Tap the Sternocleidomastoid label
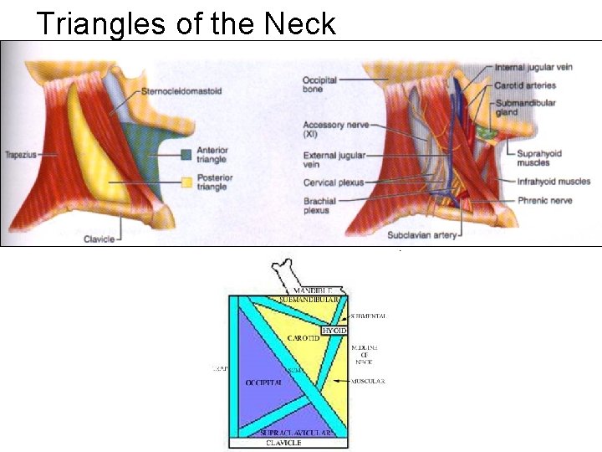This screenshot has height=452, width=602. pyautogui.click(x=181, y=91)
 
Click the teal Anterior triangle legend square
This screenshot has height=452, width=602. pyautogui.click(x=186, y=154)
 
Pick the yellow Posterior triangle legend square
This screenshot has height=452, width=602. pyautogui.click(x=186, y=181)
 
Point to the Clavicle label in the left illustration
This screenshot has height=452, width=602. pyautogui.click(x=98, y=239)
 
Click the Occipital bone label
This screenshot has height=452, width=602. pyautogui.click(x=319, y=85)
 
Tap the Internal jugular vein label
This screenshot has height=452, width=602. pyautogui.click(x=533, y=67)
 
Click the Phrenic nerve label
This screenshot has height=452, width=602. pyautogui.click(x=543, y=200)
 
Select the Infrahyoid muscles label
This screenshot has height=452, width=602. pyautogui.click(x=553, y=181)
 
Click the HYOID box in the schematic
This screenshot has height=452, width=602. pyautogui.click(x=334, y=331)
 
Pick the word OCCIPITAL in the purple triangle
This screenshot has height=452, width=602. pyautogui.click(x=262, y=382)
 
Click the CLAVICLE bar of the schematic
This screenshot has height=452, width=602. pyautogui.click(x=283, y=443)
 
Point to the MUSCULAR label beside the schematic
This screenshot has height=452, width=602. pyautogui.click(x=368, y=382)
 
